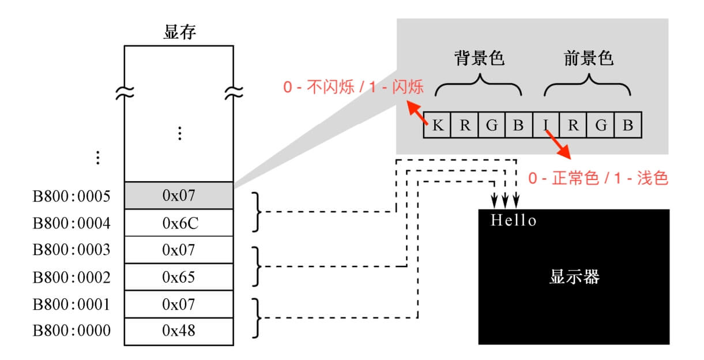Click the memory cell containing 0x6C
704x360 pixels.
(x=179, y=223)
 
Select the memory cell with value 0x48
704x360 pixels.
(x=179, y=331)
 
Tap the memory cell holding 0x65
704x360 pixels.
(x=179, y=277)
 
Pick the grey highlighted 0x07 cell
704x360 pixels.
(x=179, y=195)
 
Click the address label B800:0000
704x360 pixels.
(x=71, y=331)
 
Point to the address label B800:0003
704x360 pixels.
(x=71, y=250)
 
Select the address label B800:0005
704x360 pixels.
(x=71, y=197)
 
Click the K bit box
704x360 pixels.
(x=437, y=125)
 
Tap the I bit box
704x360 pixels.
(x=546, y=125)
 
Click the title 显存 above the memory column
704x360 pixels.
(x=180, y=32)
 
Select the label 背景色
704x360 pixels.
(x=479, y=58)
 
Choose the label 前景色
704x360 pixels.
(x=588, y=58)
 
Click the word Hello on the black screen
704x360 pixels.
(x=514, y=220)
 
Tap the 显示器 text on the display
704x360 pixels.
(x=574, y=277)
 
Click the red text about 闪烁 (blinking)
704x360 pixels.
(x=353, y=87)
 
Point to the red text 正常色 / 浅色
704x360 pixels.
(x=598, y=178)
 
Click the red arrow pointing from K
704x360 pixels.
(x=417, y=112)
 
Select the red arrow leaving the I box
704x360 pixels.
(x=558, y=145)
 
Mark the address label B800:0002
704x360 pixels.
(x=71, y=277)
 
